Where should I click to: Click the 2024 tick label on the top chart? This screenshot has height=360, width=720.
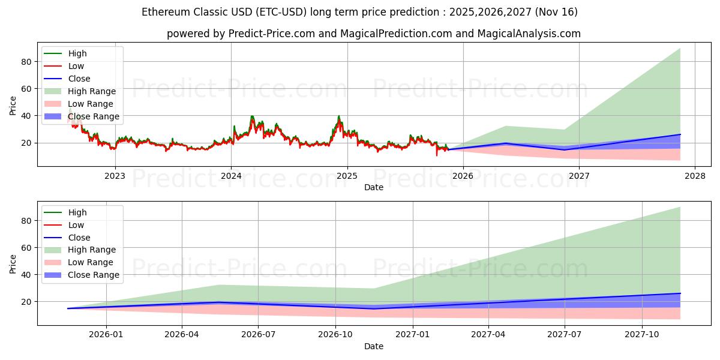(x=231, y=176)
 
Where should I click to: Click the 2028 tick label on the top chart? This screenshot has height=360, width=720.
(x=695, y=176)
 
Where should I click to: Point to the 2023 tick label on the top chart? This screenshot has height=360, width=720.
(x=115, y=176)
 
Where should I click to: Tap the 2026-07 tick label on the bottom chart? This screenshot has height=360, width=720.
(x=258, y=335)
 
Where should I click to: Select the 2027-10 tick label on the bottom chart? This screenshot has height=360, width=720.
(x=643, y=335)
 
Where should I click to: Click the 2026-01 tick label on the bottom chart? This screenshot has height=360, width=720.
(x=106, y=335)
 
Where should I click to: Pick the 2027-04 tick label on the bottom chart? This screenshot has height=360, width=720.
(x=488, y=335)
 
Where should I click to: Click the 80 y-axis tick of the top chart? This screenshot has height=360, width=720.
(x=26, y=61)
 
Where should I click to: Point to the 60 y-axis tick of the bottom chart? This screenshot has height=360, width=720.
(x=26, y=247)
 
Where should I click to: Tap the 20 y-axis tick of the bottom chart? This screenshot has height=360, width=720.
(x=26, y=301)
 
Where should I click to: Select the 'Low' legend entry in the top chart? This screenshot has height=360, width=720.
(x=76, y=66)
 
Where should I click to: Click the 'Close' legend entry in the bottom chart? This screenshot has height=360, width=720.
(x=79, y=238)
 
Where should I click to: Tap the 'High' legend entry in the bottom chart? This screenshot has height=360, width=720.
(x=77, y=212)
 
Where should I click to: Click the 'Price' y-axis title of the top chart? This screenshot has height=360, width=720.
(x=13, y=105)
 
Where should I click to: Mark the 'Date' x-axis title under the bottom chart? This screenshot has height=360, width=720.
(x=374, y=346)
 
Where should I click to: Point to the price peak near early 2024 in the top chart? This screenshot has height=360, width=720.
(x=252, y=116)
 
